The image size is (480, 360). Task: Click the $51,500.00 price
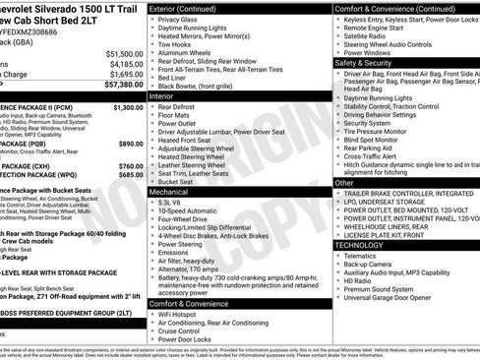pyautogui.click(x=124, y=53)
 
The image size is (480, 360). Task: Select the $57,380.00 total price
pyautogui.click(x=124, y=86)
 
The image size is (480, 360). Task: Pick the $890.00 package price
pyautogui.click(x=131, y=143)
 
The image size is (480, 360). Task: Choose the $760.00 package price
pyautogui.click(x=131, y=166)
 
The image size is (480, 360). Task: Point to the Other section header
pyautogui.click(x=345, y=183)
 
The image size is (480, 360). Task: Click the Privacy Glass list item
pyautogui.click(x=178, y=19)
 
